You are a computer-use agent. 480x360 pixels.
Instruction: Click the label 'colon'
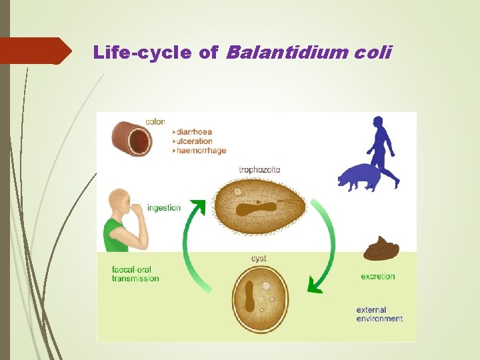pos(155,122)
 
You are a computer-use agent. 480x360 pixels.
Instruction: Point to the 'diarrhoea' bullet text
pos(195,131)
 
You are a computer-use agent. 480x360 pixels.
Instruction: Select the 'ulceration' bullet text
pos(195,141)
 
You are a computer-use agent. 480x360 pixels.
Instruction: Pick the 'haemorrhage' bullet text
pos(201,151)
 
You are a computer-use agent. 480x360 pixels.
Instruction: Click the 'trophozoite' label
pos(259,170)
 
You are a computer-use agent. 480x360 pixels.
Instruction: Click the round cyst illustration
pos(260,298)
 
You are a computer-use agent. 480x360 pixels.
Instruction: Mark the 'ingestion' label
pos(164,207)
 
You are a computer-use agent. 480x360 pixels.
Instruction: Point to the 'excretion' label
pos(377,276)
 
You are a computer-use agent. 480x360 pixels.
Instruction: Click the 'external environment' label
pos(379,314)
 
